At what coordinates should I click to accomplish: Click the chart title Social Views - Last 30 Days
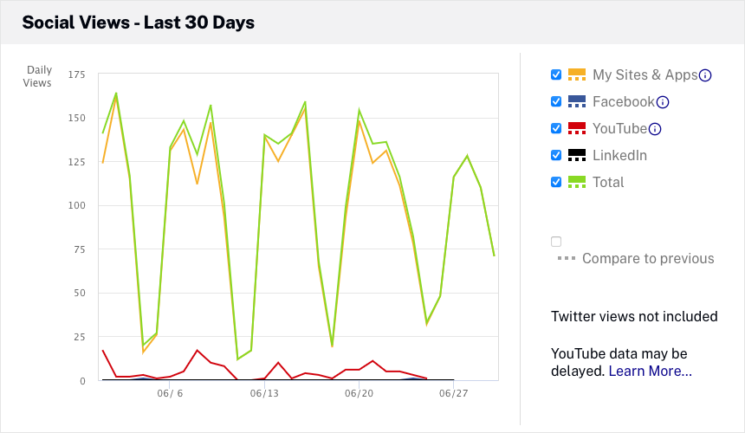[x=138, y=23]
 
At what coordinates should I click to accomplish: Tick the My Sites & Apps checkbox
[x=556, y=74]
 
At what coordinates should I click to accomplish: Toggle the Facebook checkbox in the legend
[x=556, y=101]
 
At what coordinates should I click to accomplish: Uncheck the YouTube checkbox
[x=556, y=128]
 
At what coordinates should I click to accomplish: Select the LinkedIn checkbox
[x=556, y=156]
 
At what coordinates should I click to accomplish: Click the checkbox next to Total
[x=556, y=182]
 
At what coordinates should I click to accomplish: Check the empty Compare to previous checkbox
[x=556, y=242]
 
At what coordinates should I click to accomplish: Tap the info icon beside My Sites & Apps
[x=705, y=75]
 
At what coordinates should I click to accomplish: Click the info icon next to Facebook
[x=663, y=102]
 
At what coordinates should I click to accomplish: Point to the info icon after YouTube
[x=655, y=129]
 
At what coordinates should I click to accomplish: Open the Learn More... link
[x=650, y=371]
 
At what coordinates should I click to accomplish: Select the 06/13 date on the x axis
[x=264, y=393]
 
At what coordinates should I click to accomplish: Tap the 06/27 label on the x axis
[x=453, y=393]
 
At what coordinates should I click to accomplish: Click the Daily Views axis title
[x=38, y=76]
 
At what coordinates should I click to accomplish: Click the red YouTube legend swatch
[x=577, y=128]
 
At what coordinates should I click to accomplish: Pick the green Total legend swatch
[x=577, y=182]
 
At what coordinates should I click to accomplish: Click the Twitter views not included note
[x=634, y=316]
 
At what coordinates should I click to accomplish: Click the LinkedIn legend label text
[x=619, y=156]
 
